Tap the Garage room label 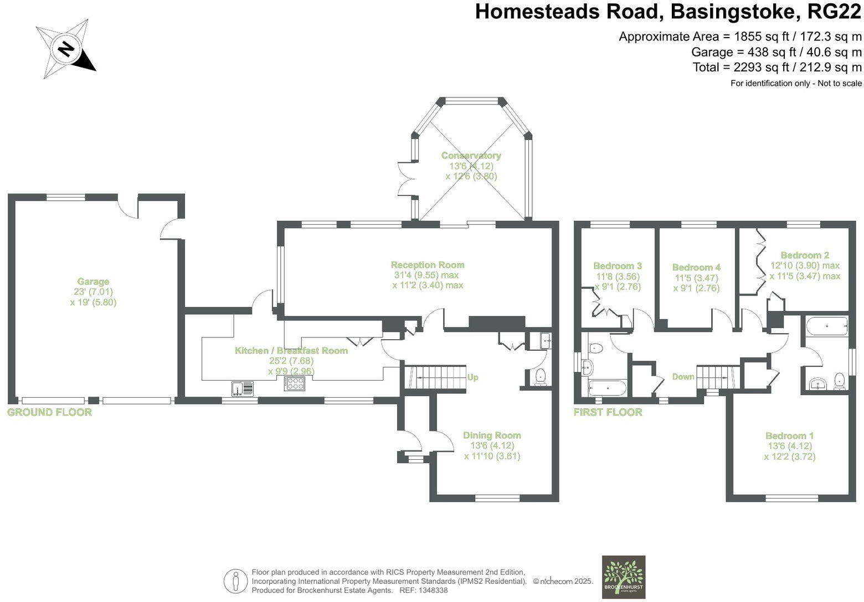tap(93, 282)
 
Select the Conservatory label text tap(471, 156)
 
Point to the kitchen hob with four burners tap(294, 384)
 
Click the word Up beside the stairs tap(472, 377)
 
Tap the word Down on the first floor tap(683, 377)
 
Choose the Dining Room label tap(492, 435)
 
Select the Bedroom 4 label tap(696, 267)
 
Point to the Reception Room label tap(427, 265)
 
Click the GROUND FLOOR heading tap(49, 412)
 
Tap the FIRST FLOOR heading tap(608, 412)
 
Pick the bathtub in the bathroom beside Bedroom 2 tap(827, 327)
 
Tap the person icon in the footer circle tap(236, 582)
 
